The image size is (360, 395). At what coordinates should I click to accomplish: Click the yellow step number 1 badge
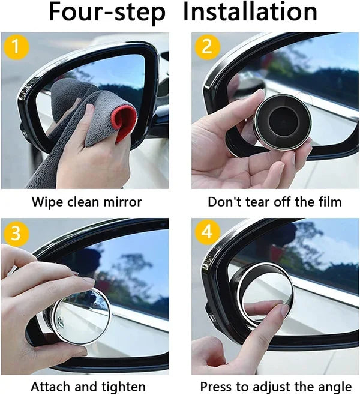pos(16,47)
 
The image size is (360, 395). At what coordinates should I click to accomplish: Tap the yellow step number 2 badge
pos(207,47)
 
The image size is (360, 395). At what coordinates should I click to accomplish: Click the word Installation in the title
pos(250,13)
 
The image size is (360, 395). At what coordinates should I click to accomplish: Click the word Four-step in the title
pos(107,13)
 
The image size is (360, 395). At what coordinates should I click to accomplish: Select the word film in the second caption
pos(329,202)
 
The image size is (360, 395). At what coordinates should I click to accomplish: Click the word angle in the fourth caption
pos(335,387)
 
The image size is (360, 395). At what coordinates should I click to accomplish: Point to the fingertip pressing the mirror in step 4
pos(282,310)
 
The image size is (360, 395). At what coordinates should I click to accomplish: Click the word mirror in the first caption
pos(124,202)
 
